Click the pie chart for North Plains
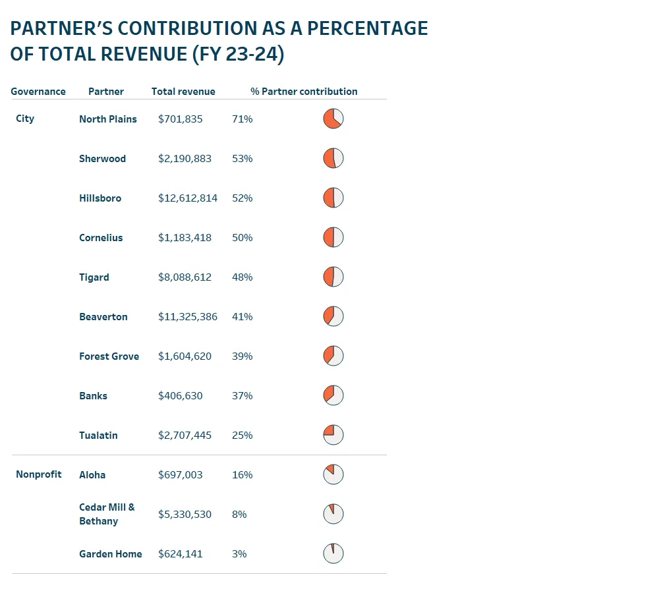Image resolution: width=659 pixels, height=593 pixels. [333, 119]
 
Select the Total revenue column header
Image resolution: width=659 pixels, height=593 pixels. [183, 92]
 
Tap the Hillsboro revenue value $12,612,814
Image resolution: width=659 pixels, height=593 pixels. [188, 198]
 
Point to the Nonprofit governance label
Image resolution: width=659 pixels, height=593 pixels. [39, 474]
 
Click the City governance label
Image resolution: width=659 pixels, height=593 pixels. [25, 119]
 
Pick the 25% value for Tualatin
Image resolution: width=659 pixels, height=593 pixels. [242, 436]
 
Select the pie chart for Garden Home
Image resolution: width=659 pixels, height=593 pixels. [333, 553]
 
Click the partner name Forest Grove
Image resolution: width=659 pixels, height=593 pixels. [109, 356]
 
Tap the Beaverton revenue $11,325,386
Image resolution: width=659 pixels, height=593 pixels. [188, 317]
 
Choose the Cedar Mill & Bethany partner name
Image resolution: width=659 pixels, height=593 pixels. [107, 514]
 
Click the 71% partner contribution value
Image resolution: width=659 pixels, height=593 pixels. [242, 119]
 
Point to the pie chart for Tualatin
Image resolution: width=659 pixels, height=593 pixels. [333, 435]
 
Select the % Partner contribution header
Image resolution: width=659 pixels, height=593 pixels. [304, 92]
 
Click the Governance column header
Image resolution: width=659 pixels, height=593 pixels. [38, 92]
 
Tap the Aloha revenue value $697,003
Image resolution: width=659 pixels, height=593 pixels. [181, 475]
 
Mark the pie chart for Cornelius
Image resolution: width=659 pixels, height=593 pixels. [333, 237]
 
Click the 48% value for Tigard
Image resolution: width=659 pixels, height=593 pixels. [242, 277]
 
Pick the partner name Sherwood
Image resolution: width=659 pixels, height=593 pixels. [102, 159]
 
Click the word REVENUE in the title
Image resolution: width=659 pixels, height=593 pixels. [143, 54]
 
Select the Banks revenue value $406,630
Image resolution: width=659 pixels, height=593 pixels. [181, 396]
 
